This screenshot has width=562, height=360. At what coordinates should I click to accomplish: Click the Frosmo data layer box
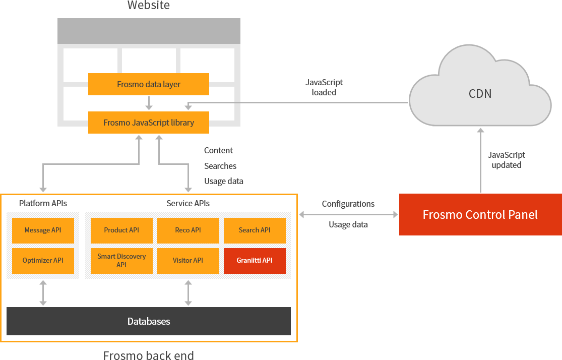(x=149, y=84)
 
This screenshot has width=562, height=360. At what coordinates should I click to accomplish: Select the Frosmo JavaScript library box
(x=149, y=123)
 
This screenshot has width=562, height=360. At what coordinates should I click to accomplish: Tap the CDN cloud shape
(x=480, y=93)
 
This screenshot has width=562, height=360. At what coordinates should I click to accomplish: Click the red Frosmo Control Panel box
(x=480, y=214)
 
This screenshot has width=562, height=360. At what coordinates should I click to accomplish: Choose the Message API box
(x=43, y=230)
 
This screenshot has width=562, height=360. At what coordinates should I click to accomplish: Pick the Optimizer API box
(x=43, y=261)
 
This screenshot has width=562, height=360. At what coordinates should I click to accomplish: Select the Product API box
(x=121, y=230)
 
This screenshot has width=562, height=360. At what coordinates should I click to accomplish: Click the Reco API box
(x=188, y=230)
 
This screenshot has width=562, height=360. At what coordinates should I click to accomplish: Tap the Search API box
(x=255, y=230)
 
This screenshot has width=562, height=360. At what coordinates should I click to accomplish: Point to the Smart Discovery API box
(x=121, y=261)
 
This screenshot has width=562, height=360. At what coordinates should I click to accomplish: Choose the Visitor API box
(x=188, y=261)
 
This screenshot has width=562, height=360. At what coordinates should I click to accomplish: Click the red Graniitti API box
(x=255, y=261)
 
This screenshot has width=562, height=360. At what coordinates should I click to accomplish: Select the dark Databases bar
(x=149, y=321)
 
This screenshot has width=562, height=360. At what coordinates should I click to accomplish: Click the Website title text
(x=149, y=6)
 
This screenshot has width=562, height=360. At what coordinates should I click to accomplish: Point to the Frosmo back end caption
(x=149, y=355)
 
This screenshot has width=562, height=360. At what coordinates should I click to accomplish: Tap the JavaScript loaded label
(x=324, y=87)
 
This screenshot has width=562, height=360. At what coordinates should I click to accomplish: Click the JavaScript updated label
(x=507, y=160)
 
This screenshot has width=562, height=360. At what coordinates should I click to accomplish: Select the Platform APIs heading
(x=43, y=203)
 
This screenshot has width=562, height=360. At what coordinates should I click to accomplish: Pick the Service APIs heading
(x=188, y=203)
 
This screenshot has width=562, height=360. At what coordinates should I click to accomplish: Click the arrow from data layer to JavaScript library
(x=149, y=103)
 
